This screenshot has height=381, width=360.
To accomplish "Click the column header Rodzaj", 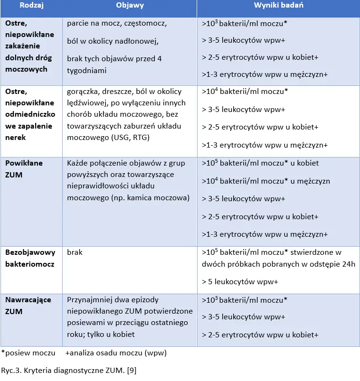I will (31, 6).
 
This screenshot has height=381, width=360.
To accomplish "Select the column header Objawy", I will (130, 6).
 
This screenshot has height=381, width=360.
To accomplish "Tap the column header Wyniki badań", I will (279, 6).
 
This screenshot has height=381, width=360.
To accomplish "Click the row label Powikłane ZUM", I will (24, 168).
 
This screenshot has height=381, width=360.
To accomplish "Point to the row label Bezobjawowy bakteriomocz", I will (30, 258).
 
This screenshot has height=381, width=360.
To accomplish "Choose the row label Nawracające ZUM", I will (28, 306).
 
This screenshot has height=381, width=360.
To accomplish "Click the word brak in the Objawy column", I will (75, 252).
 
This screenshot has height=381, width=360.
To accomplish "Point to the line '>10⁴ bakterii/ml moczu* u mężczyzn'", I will (265, 181).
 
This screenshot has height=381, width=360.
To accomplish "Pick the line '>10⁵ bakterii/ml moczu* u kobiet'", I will (260, 163).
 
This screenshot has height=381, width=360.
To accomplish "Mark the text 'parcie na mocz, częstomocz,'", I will (117, 23).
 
